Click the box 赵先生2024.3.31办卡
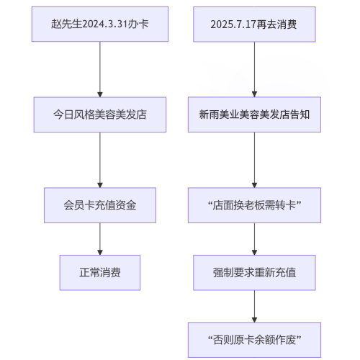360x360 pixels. tap(99, 24)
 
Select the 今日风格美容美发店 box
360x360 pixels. tap(99, 114)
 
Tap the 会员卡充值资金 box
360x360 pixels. tap(99, 205)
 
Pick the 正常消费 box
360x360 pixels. tap(99, 273)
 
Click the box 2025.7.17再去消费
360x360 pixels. tap(254, 24)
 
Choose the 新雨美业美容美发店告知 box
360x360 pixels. tap(254, 114)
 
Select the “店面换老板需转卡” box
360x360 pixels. tap(254, 205)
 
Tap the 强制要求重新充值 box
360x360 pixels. tap(254, 273)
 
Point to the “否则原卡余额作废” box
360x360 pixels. tap(254, 340)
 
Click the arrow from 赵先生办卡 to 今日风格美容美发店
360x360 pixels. tap(99, 69)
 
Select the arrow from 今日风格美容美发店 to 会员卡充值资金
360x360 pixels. tap(99, 160)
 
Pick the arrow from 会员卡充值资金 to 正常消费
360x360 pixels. tap(99, 239)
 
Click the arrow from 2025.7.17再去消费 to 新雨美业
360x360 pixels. tap(254, 69)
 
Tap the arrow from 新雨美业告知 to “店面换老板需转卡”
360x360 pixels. tap(254, 160)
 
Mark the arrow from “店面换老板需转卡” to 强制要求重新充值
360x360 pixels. tap(254, 239)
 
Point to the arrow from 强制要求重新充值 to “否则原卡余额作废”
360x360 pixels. tap(254, 307)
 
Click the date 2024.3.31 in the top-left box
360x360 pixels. tap(108, 24)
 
